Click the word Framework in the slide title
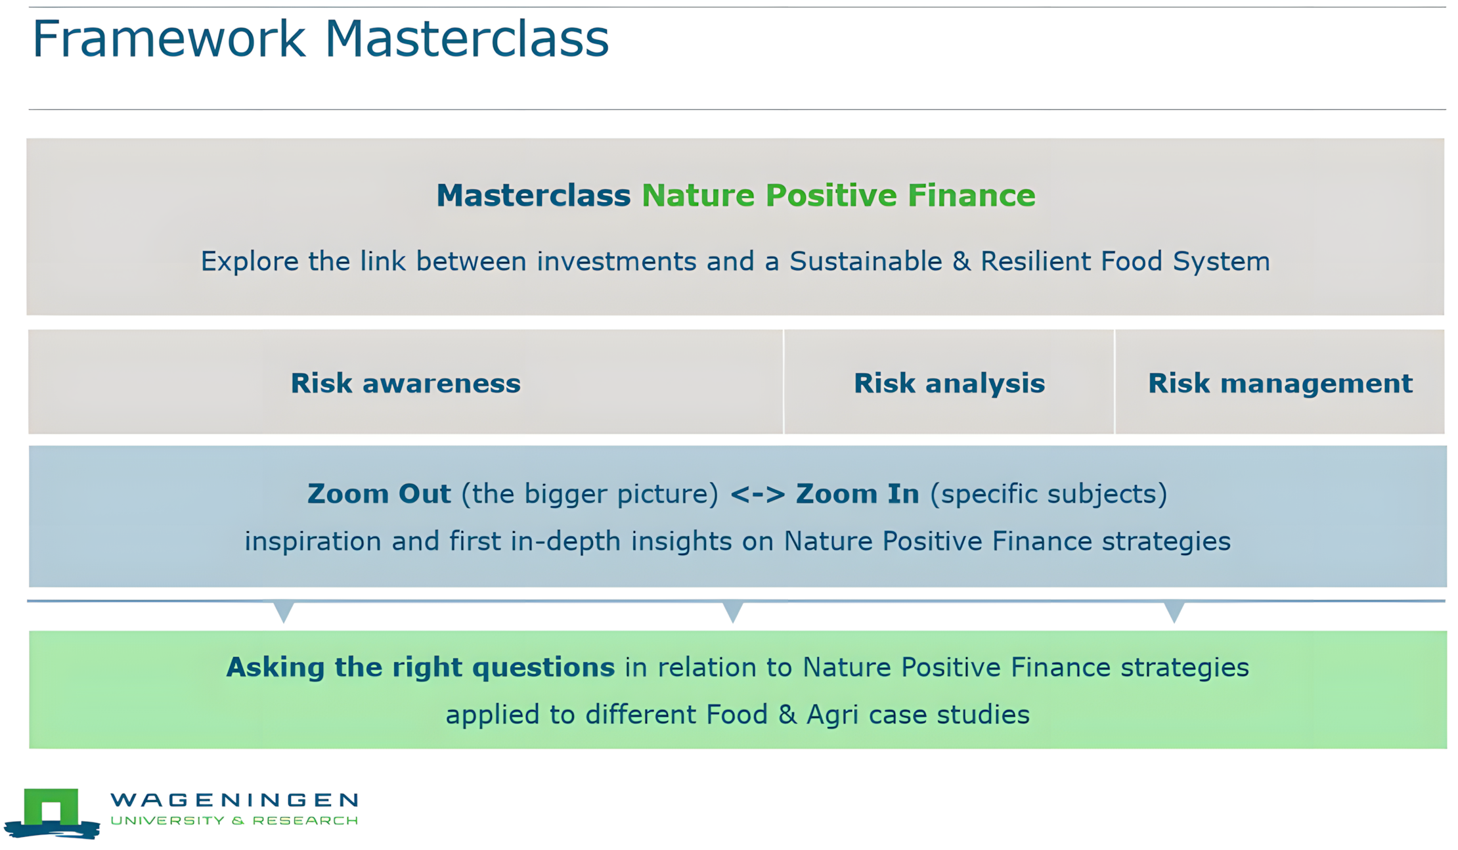click(169, 39)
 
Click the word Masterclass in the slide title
click(467, 39)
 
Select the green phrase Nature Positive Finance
click(838, 196)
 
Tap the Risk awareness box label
click(405, 383)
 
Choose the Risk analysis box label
click(949, 383)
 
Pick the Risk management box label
click(1280, 384)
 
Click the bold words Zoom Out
click(379, 494)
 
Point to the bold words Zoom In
click(857, 494)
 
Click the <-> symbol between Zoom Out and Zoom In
click(757, 495)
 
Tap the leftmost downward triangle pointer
click(284, 611)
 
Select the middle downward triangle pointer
click(733, 611)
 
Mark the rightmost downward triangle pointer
click(1174, 611)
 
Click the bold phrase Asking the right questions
click(420, 668)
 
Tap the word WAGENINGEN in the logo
click(234, 800)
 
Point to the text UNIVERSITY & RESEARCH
click(234, 820)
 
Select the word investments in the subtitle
click(617, 261)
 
